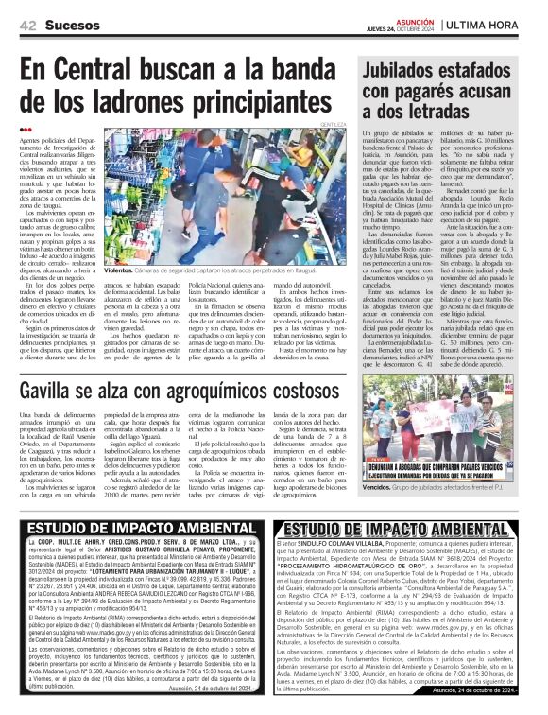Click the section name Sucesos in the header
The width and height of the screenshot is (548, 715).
(x=71, y=23)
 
